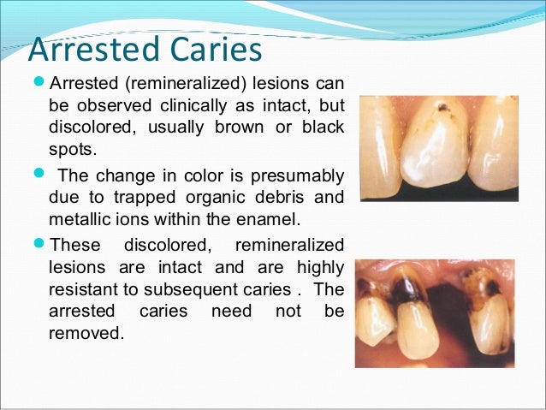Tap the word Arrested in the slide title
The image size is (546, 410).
(x=91, y=50)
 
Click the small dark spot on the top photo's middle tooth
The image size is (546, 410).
(x=440, y=110)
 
